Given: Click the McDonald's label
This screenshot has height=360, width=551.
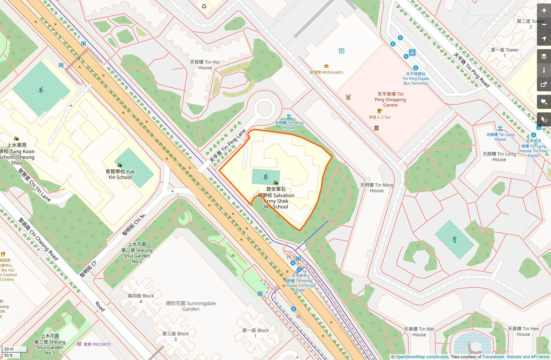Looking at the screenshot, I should click(326, 72).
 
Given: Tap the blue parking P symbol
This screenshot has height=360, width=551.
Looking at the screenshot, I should click(341, 51).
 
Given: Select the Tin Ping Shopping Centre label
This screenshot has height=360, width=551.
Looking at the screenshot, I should click(390, 99).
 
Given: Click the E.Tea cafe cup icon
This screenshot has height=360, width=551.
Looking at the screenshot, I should click(379, 111).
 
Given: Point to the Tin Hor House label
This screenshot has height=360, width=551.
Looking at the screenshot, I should click(205, 65).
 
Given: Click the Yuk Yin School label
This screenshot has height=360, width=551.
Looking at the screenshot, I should click(120, 174).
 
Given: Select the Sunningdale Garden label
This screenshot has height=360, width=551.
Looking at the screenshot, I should click(191, 306).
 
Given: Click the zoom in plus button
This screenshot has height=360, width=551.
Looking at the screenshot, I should click(544, 11).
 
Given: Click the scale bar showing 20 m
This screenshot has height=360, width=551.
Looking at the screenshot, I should click(14, 349).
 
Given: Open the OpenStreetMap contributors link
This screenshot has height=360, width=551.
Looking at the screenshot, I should click(422, 357).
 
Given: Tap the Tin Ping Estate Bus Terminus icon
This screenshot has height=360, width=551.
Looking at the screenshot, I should click(412, 53).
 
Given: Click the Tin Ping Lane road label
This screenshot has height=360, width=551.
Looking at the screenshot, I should click(227, 146).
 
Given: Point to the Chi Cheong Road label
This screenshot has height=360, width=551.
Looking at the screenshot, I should click(39, 239).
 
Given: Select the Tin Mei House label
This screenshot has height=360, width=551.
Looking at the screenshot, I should click(419, 332).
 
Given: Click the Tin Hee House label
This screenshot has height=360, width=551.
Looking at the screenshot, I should click(523, 331).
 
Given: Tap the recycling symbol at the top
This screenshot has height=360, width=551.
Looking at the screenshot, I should click(204, 6).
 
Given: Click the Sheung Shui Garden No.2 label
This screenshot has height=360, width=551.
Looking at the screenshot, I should click(137, 253).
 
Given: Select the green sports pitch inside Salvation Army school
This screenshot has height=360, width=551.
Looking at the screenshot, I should click(266, 177).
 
